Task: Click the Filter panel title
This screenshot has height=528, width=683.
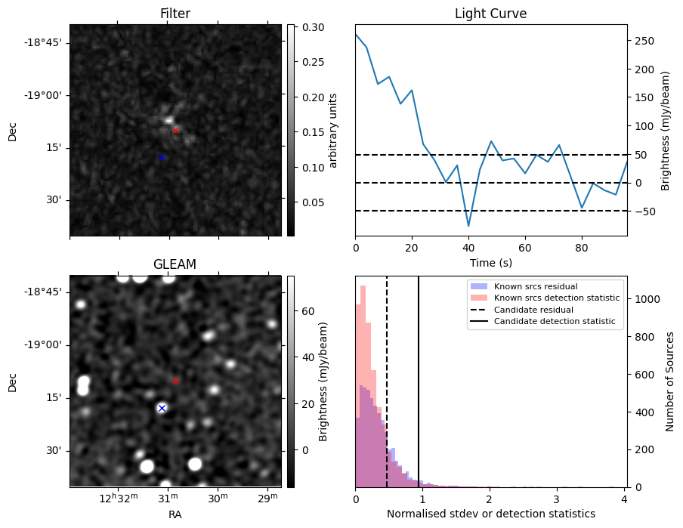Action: pos(175,14)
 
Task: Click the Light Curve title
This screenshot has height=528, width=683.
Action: pos(490,14)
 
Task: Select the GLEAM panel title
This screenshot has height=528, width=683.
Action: pos(175,264)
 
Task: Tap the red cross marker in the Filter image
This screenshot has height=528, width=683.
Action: pos(175,130)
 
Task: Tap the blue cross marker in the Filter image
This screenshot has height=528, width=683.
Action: pos(162,157)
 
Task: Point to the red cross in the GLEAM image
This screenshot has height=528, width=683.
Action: pos(175,381)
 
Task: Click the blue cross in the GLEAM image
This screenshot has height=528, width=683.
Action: pos(162,408)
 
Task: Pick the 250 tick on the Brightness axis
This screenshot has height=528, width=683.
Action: pos(643,41)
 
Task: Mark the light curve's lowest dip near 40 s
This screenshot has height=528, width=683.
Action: pos(468,226)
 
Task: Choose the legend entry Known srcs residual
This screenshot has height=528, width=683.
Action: pos(535,287)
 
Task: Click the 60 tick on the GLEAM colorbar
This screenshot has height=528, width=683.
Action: pos(308,310)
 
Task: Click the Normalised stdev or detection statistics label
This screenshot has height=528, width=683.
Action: pos(490,514)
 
